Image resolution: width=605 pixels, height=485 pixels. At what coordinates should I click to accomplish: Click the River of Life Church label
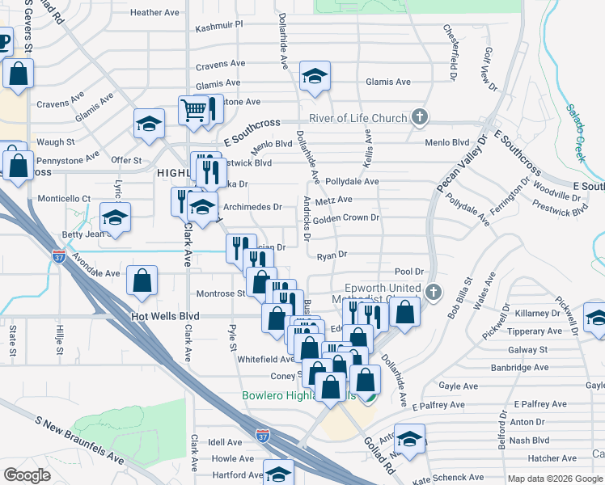[357, 119]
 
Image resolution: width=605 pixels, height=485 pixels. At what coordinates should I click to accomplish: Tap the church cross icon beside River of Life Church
[419, 118]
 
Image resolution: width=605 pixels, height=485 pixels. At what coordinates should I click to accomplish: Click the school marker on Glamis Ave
[315, 77]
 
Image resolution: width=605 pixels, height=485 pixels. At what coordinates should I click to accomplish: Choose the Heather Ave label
[154, 12]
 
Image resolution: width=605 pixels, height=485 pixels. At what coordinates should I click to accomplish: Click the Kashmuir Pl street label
[219, 26]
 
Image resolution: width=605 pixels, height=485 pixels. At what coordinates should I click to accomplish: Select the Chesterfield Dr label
[450, 46]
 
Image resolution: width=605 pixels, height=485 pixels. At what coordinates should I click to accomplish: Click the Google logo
[27, 475]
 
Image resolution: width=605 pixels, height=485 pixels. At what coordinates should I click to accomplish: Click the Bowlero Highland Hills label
[299, 396]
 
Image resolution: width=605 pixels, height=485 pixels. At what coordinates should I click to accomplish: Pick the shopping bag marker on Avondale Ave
[142, 280]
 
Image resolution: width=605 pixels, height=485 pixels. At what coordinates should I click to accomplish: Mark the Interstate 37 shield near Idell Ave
[262, 436]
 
